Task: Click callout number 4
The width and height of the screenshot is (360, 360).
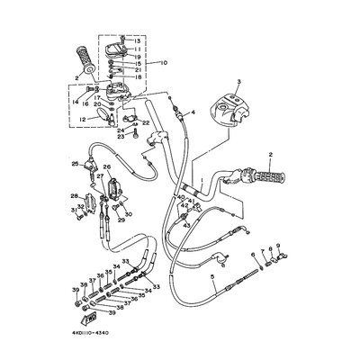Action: click(x=192, y=112)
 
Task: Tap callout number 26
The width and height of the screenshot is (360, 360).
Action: click(x=107, y=166)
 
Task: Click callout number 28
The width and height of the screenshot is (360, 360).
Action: click(x=74, y=195)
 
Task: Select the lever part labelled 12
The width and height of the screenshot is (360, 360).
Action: click(x=97, y=115)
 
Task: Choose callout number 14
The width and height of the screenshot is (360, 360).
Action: click(x=75, y=102)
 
